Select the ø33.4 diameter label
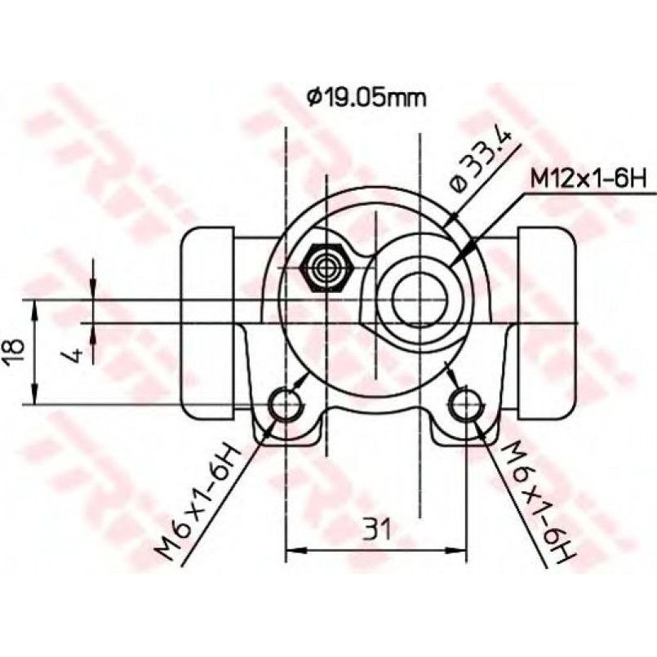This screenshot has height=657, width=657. tap(479, 162)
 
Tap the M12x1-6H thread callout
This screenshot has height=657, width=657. tap(588, 180)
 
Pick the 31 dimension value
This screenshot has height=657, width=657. tap(376, 529)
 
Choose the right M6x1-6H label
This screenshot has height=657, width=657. tap(538, 500)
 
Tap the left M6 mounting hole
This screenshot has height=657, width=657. tap(286, 403)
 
